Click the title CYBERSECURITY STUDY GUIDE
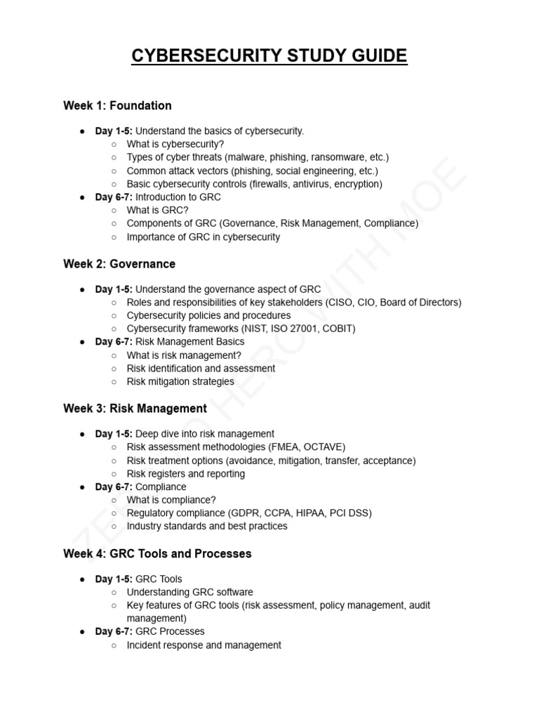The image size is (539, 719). pyautogui.click(x=269, y=55)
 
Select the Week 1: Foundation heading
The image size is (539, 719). pyautogui.click(x=117, y=106)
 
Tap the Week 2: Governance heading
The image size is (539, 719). pyautogui.click(x=119, y=264)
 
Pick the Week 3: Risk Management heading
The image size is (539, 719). pyautogui.click(x=135, y=409)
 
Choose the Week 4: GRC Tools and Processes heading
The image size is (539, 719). pyautogui.click(x=157, y=553)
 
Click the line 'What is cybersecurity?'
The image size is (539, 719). pyautogui.click(x=175, y=144)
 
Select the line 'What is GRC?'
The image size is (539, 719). pyautogui.click(x=157, y=210)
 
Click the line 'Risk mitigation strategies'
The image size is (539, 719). pyautogui.click(x=180, y=381)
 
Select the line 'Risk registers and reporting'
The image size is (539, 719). pyautogui.click(x=185, y=473)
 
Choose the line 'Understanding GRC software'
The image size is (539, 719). pyautogui.click(x=189, y=592)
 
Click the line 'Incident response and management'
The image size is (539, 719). pyautogui.click(x=204, y=645)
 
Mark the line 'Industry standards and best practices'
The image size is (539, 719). pyautogui.click(x=206, y=526)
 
